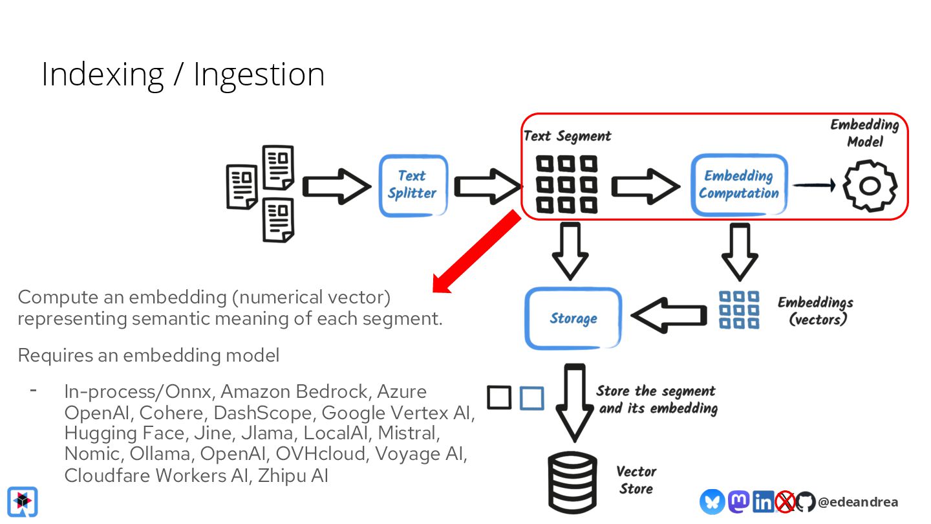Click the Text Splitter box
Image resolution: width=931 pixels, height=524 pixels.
[412, 185]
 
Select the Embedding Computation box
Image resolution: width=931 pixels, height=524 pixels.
[738, 185]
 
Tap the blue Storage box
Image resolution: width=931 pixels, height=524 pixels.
[573, 318]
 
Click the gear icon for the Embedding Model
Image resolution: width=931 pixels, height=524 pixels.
[870, 186]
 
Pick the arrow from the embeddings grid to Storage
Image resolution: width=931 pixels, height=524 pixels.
[669, 315]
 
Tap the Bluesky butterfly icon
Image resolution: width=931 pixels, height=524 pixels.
[712, 502]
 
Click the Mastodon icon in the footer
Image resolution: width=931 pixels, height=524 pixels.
[738, 501]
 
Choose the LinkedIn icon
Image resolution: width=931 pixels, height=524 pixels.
[763, 502]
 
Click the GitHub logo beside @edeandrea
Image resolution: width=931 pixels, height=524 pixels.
[805, 502]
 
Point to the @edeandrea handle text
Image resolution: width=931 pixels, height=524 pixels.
[857, 502]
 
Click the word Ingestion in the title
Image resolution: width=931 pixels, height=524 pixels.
[259, 75]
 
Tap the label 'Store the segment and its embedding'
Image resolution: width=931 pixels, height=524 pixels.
[656, 400]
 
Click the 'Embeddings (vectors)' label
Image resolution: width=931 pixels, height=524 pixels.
[816, 311]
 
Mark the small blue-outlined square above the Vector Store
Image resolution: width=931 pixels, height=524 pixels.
[531, 398]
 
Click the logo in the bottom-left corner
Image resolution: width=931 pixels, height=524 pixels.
[23, 501]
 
